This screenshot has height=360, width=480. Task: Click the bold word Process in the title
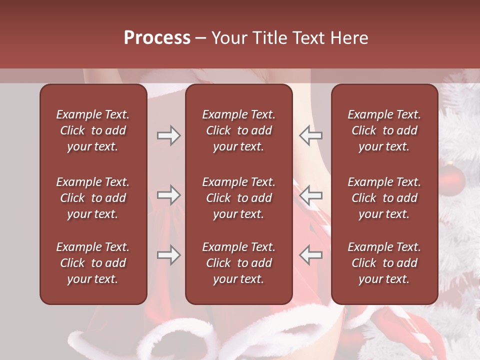(x=157, y=38)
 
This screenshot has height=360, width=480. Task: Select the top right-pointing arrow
(x=168, y=135)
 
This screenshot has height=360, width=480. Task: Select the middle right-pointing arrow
(x=168, y=195)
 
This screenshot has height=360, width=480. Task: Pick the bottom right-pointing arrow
(x=168, y=255)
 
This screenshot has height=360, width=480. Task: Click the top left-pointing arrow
(x=310, y=135)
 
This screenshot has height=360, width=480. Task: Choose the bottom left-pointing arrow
(x=310, y=255)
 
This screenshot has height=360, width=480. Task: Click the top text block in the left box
(x=93, y=130)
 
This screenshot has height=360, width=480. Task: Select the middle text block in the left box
(x=93, y=198)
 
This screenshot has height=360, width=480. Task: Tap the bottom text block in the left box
(x=93, y=263)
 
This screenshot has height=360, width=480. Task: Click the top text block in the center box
(x=238, y=130)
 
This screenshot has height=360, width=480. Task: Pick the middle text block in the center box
(x=238, y=198)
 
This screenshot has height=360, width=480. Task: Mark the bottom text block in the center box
(x=238, y=263)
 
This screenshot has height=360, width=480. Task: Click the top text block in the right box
(x=384, y=130)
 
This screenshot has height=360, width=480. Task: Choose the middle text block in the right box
(x=384, y=198)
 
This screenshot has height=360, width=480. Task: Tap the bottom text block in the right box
(x=384, y=263)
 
